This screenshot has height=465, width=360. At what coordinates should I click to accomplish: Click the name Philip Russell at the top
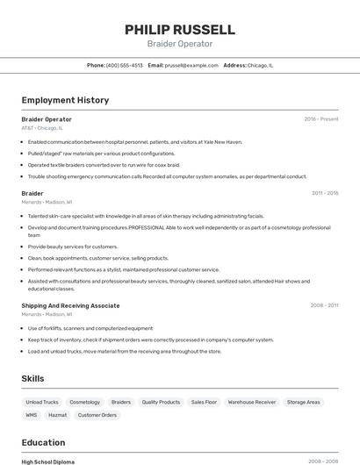(179, 29)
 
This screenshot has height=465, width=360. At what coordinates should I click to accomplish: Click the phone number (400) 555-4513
(124, 65)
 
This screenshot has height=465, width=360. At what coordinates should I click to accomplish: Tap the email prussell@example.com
(191, 65)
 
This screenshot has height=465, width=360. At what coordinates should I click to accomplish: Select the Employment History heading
(65, 100)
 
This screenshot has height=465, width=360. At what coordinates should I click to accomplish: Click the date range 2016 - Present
(320, 118)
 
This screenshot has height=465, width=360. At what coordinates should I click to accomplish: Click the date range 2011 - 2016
(324, 193)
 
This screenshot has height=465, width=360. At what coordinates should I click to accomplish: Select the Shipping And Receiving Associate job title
(70, 305)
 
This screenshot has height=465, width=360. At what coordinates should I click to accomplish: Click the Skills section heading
(33, 378)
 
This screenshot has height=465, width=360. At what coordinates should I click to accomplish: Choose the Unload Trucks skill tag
(42, 402)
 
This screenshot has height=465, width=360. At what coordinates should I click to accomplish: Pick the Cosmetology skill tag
(85, 402)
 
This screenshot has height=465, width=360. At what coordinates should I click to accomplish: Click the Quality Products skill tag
(161, 402)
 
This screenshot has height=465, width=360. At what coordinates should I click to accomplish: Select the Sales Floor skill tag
(204, 402)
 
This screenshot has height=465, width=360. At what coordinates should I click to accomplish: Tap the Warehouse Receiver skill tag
(252, 402)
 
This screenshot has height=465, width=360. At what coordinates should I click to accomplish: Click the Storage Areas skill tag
(304, 402)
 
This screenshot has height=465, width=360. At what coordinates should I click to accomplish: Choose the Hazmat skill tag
(57, 415)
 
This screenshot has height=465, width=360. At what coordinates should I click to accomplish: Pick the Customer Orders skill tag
(97, 415)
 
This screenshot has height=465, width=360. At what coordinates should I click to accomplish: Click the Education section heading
(43, 442)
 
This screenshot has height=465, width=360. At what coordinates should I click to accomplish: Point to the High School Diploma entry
(48, 461)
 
